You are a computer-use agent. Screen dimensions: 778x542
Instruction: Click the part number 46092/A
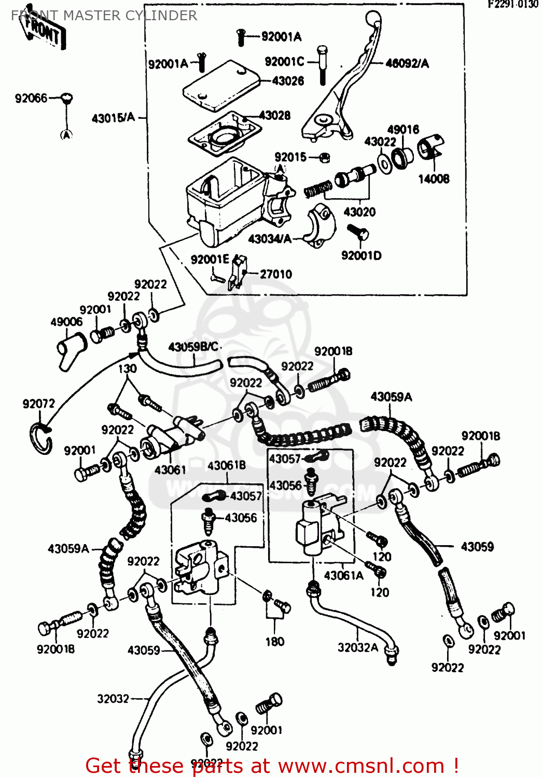407,64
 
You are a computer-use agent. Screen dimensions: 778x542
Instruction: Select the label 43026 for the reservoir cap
288,81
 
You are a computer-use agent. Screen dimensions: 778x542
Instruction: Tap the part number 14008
434,179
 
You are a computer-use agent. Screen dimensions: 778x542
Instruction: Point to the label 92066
31,98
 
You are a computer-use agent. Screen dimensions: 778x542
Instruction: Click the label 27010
276,274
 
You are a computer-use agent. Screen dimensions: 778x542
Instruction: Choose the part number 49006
66,322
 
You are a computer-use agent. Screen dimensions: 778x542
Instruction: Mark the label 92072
38,404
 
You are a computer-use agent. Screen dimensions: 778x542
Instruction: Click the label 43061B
227,465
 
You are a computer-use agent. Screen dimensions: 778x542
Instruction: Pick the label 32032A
357,647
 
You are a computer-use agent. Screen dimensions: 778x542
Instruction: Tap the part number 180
275,642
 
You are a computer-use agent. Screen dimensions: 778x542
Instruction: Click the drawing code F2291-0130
512,5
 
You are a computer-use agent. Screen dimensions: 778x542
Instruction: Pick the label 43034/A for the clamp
270,239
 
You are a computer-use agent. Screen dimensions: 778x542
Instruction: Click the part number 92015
290,157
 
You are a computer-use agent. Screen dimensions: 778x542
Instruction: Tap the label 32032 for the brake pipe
113,699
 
